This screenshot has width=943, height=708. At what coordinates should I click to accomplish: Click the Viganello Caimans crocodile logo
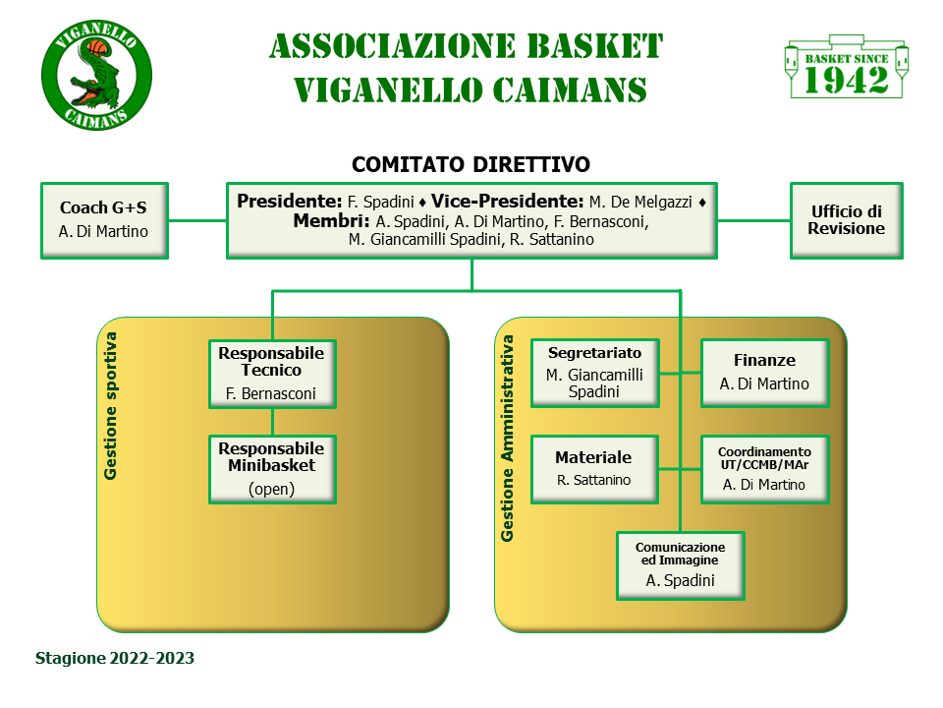(x=96, y=76)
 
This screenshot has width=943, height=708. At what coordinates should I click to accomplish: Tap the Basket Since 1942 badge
(x=847, y=69)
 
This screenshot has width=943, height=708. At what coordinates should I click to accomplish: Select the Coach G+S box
(x=104, y=220)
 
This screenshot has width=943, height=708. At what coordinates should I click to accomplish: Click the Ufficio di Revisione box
(x=847, y=220)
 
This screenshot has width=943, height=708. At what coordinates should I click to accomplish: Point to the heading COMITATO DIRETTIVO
(x=471, y=163)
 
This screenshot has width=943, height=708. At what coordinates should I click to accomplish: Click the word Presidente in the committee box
(x=290, y=201)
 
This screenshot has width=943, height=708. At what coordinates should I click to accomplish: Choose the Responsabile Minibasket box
(x=272, y=469)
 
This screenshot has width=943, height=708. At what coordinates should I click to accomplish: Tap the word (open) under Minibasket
(x=272, y=488)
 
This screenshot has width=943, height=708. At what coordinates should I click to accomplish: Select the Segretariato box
(x=595, y=373)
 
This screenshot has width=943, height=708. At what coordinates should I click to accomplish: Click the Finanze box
(x=764, y=373)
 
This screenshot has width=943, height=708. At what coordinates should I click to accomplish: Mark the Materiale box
(x=595, y=469)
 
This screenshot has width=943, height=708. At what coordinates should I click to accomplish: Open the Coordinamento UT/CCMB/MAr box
(x=764, y=469)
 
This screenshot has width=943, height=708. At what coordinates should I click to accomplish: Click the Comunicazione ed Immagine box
(x=680, y=565)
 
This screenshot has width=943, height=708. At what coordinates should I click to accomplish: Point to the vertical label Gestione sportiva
(x=111, y=405)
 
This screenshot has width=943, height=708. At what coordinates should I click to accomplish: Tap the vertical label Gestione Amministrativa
(x=508, y=439)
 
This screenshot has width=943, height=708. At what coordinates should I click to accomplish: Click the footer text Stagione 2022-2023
(x=115, y=658)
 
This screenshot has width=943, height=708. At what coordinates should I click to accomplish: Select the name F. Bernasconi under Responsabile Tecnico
(x=272, y=394)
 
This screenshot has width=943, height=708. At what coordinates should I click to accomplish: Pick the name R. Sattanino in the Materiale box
(x=593, y=481)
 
